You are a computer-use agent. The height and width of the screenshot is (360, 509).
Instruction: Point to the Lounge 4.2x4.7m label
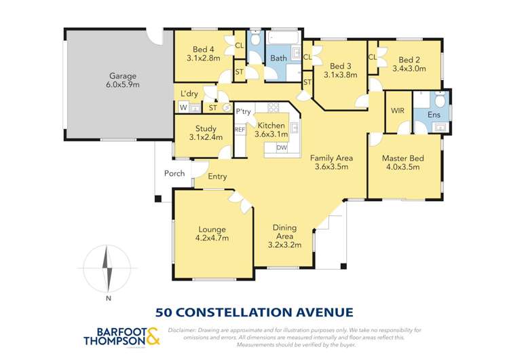[212, 234]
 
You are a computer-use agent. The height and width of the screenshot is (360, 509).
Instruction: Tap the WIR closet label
[397, 111]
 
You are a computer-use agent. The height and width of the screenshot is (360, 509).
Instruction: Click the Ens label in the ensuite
[434, 115]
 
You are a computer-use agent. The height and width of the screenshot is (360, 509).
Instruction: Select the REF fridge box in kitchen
[240, 129]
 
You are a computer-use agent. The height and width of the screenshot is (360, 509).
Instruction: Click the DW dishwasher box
[281, 147]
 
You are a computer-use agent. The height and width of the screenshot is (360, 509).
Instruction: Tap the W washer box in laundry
[183, 107]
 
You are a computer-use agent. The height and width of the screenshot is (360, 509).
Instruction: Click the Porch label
[175, 173]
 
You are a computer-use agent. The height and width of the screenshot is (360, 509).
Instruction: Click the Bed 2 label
[409, 63]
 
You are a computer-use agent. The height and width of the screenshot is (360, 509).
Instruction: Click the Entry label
[217, 177]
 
